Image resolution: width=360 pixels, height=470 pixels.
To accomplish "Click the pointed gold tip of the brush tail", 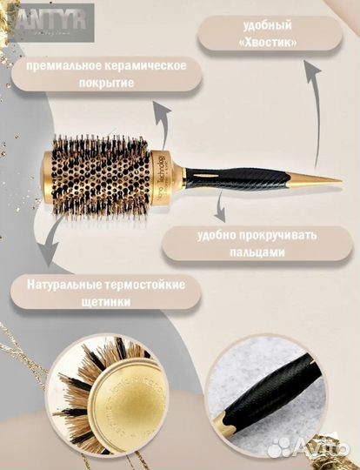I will point(330,180).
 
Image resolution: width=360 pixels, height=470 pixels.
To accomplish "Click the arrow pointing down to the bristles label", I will point(54,239).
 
